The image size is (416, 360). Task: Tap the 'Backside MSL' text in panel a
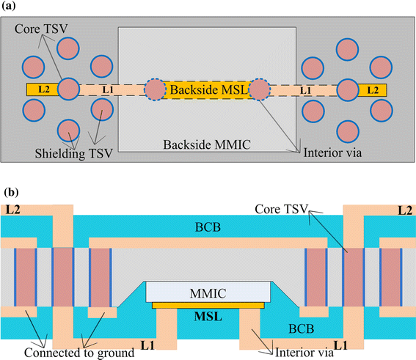(208, 89)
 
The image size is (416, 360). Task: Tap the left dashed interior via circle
(155, 90)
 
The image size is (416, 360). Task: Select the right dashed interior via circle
(260, 90)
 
